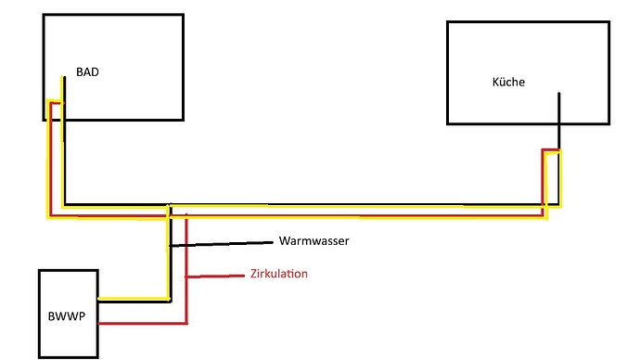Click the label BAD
(87, 71)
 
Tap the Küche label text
(508, 82)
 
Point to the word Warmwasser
(314, 241)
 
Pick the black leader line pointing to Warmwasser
(223, 244)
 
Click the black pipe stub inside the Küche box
(558, 109)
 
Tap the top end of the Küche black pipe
(558, 93)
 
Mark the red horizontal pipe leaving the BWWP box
(139, 324)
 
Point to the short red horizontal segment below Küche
(552, 149)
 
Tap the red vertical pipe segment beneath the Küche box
(544, 181)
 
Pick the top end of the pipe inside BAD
(62, 78)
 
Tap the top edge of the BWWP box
(67, 270)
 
